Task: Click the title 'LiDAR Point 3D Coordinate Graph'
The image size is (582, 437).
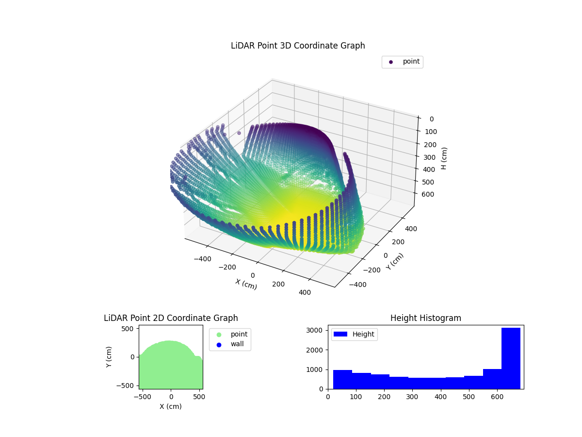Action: click(298, 46)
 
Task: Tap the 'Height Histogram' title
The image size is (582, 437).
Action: click(425, 318)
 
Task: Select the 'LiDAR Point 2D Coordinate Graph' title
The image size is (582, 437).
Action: click(171, 318)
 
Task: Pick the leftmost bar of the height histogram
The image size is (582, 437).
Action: click(342, 379)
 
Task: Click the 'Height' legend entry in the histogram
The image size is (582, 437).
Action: click(355, 334)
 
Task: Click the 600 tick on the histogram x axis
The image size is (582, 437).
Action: click(497, 397)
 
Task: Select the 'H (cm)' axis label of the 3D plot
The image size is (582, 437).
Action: click(444, 158)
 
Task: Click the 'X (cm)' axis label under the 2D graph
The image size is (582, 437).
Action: click(171, 406)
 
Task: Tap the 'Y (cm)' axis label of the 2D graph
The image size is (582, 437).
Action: click(109, 357)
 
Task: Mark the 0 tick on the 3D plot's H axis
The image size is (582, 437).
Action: click(431, 119)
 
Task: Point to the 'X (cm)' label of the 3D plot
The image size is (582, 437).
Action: click(246, 284)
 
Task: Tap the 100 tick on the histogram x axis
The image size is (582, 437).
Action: click(356, 397)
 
